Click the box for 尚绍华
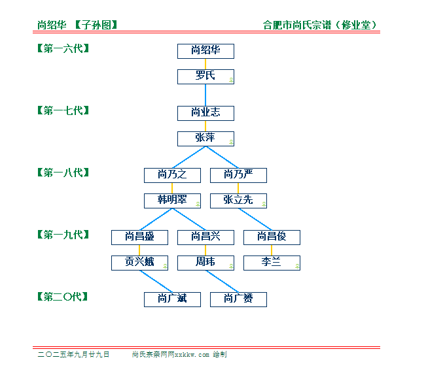[205, 52]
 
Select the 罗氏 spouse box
[205, 77]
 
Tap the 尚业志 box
[205, 114]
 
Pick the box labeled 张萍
[205, 139]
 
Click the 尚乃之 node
[172, 176]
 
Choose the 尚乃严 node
[238, 176]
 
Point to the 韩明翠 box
[172, 201]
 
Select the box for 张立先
[238, 201]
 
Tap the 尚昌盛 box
[139, 238]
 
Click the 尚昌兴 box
[205, 238]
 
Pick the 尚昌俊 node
[272, 238]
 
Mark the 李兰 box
[272, 263]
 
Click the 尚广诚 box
[172, 300]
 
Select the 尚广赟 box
[238, 300]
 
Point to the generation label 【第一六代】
[63, 48]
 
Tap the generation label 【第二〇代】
[63, 297]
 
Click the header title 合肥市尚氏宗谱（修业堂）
[320, 25]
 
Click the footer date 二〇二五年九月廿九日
[73, 354]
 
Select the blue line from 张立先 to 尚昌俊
[255, 219]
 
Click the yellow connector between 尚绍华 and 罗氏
[205, 64]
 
